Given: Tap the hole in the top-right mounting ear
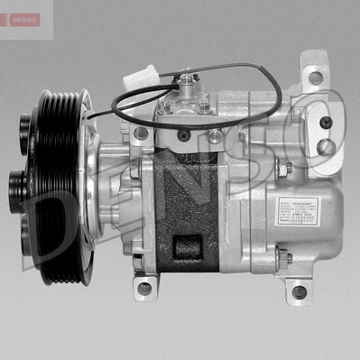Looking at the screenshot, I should (315, 78).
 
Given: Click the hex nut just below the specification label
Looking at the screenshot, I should (282, 258).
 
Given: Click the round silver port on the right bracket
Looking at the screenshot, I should (328, 145).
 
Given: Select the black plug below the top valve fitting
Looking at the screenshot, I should (185, 135).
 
